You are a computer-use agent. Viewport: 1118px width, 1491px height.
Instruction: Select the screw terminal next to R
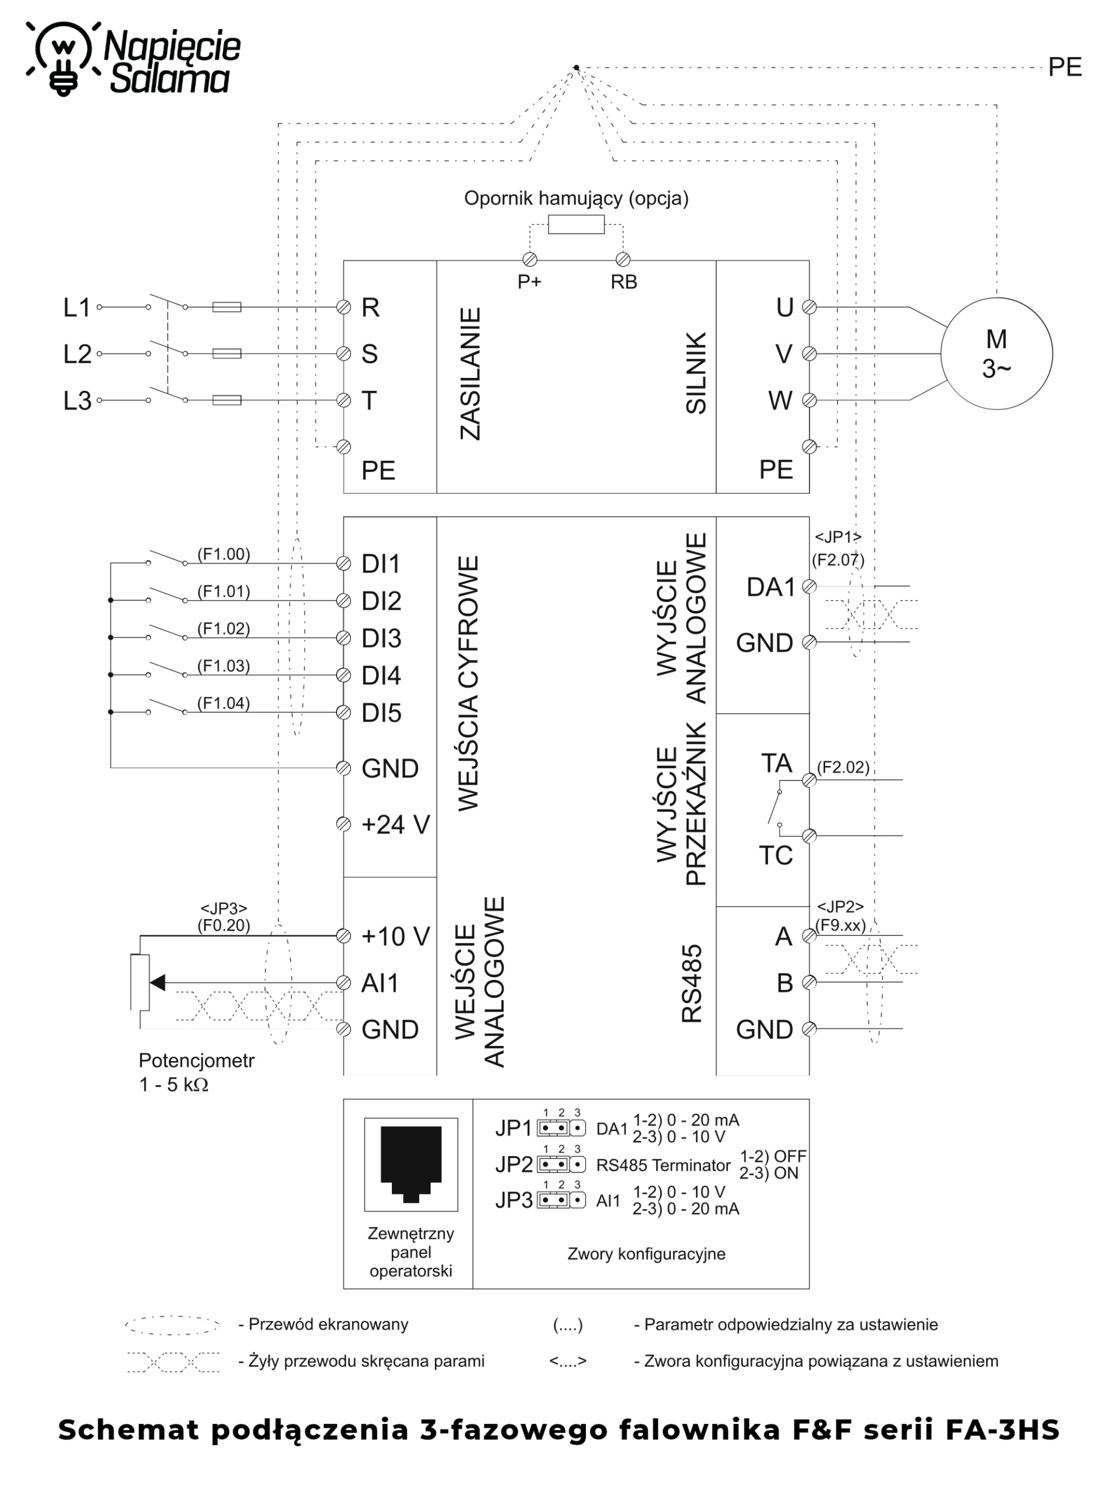tap(344, 308)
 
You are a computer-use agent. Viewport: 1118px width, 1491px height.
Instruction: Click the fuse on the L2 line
tap(227, 353)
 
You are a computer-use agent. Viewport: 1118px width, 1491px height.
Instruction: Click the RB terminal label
tap(624, 282)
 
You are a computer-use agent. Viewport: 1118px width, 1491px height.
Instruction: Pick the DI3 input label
tap(381, 638)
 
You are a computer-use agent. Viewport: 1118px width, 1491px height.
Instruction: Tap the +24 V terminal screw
tap(344, 824)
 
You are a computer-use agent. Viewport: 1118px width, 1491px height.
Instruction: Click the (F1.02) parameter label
tap(223, 628)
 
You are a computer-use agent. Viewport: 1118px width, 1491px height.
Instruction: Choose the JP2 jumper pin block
tap(561, 1164)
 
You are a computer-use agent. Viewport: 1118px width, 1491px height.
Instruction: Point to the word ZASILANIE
tap(470, 374)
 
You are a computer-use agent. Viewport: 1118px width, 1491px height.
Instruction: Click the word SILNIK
tap(695, 373)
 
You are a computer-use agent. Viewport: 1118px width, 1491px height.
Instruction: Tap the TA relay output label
tap(776, 763)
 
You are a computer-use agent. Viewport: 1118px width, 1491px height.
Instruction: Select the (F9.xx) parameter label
tap(840, 925)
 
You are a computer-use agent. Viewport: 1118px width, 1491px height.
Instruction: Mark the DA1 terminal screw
tap(809, 586)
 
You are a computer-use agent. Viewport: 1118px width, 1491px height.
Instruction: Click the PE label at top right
tap(1065, 68)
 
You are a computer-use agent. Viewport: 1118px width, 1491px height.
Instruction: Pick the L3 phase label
tap(77, 400)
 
